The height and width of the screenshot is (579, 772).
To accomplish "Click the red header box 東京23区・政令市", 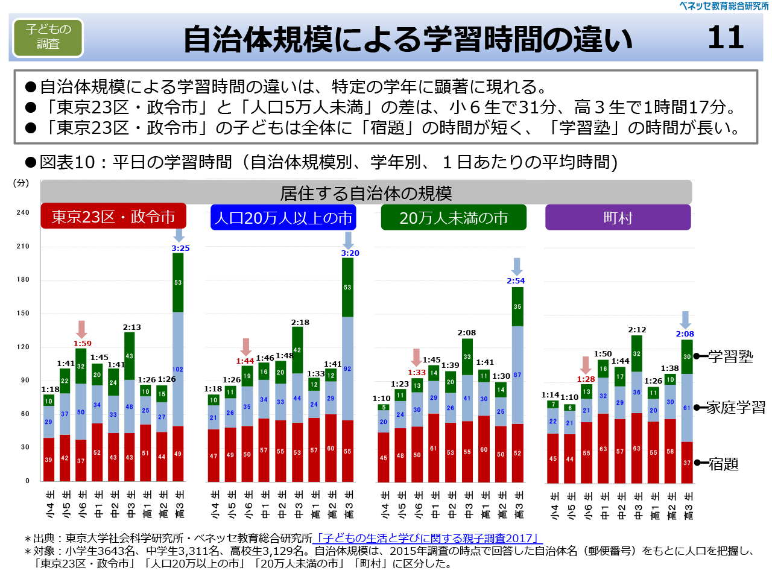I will [x=113, y=217].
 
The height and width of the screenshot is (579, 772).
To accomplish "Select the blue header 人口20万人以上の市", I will [x=283, y=218].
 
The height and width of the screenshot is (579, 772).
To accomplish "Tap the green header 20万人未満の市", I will [x=454, y=218].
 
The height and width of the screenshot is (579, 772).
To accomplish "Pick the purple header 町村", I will [x=618, y=218].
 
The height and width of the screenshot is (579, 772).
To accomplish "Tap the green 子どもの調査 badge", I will [x=48, y=37].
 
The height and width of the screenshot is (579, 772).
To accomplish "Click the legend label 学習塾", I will [x=730, y=356].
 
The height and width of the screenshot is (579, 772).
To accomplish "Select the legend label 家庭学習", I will [x=735, y=408].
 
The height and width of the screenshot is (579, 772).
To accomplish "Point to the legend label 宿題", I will [x=723, y=464].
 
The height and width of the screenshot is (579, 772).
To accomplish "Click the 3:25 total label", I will [x=180, y=248].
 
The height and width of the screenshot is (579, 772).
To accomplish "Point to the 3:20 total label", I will [x=350, y=253].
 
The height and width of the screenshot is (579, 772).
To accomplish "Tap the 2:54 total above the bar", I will [x=516, y=280].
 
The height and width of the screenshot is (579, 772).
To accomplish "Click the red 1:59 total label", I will [x=83, y=343].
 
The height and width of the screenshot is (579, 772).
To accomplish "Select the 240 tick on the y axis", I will [x=23, y=212].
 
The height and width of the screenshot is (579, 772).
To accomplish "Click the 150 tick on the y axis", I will [x=23, y=313].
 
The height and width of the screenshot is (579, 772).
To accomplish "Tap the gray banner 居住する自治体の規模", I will [x=365, y=193].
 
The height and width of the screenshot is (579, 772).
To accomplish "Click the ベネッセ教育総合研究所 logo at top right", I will [x=724, y=6].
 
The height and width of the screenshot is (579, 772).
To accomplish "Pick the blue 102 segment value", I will [x=178, y=370].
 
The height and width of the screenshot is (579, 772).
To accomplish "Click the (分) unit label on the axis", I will [x=21, y=183].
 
